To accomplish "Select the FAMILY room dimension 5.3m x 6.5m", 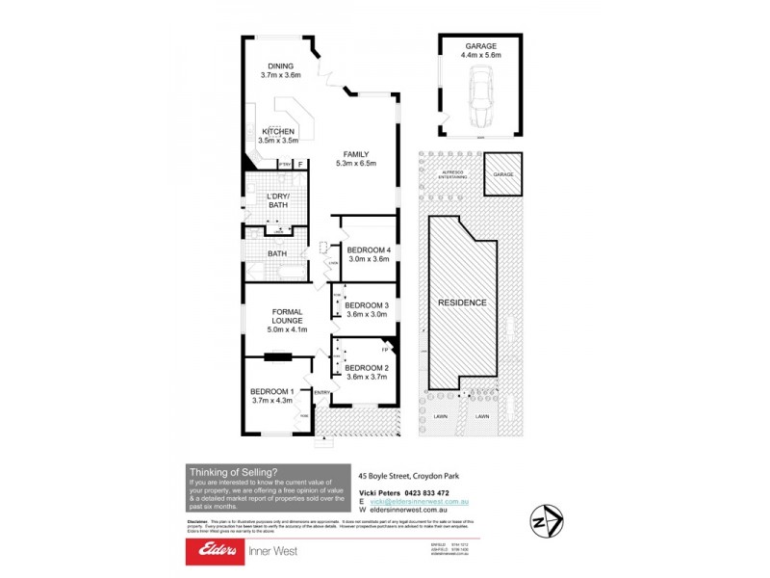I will tap(355, 164).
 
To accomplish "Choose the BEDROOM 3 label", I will tap(366, 305).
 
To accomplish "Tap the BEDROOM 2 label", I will tap(366, 368).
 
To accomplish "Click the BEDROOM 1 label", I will tap(270, 391).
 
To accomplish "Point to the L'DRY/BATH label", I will tap(278, 200).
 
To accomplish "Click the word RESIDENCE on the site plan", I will tap(463, 302).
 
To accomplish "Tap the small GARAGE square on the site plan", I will tap(503, 174).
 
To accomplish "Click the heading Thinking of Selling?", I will tap(234, 471).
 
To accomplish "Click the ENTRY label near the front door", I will tap(321, 392).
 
